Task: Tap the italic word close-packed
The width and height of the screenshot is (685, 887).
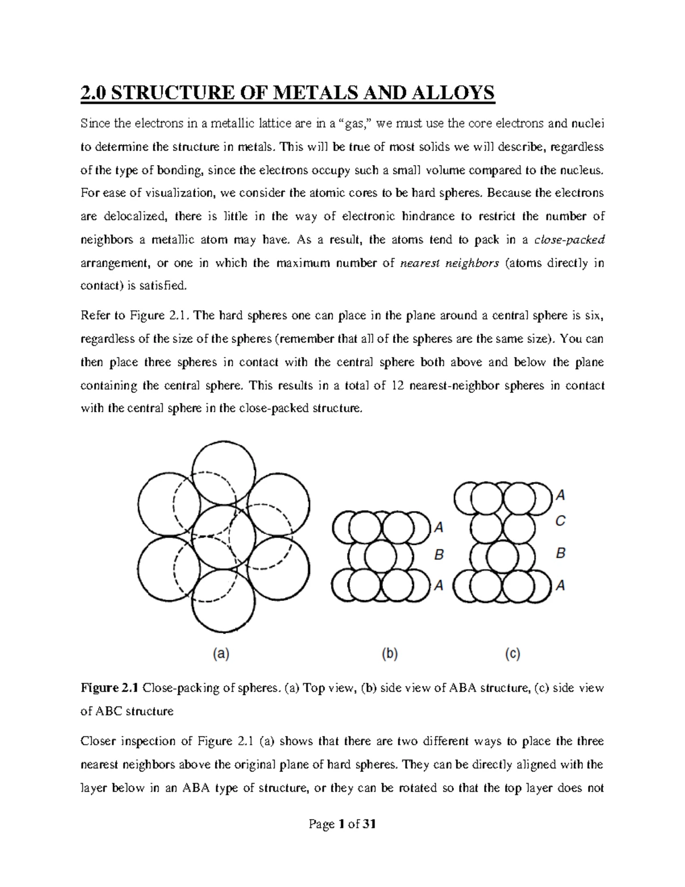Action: click(x=569, y=240)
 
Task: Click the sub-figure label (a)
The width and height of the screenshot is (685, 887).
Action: click(x=221, y=655)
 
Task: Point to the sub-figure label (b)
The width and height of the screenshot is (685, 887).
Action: click(x=389, y=655)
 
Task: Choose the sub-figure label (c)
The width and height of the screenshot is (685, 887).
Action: click(x=512, y=655)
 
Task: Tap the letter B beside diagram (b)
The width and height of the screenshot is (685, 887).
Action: click(x=438, y=555)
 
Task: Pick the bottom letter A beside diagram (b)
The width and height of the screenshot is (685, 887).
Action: click(x=438, y=585)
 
